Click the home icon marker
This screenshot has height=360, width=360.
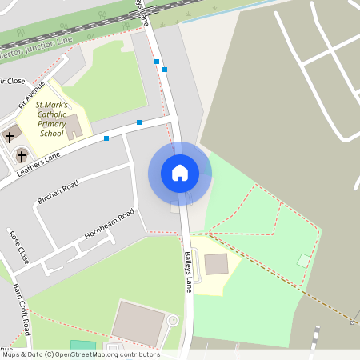point(180,173)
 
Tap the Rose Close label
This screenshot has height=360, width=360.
point(18,246)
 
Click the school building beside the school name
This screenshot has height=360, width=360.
point(74,126)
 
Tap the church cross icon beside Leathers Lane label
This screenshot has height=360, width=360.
point(22,154)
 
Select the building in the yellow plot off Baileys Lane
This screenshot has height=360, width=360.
point(216,264)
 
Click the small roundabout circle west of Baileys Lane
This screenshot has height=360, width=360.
point(172,321)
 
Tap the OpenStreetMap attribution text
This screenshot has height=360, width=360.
point(80,354)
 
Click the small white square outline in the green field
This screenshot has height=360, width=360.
point(303,260)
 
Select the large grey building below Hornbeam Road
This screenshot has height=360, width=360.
point(138,323)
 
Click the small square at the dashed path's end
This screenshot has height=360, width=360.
point(352,322)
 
